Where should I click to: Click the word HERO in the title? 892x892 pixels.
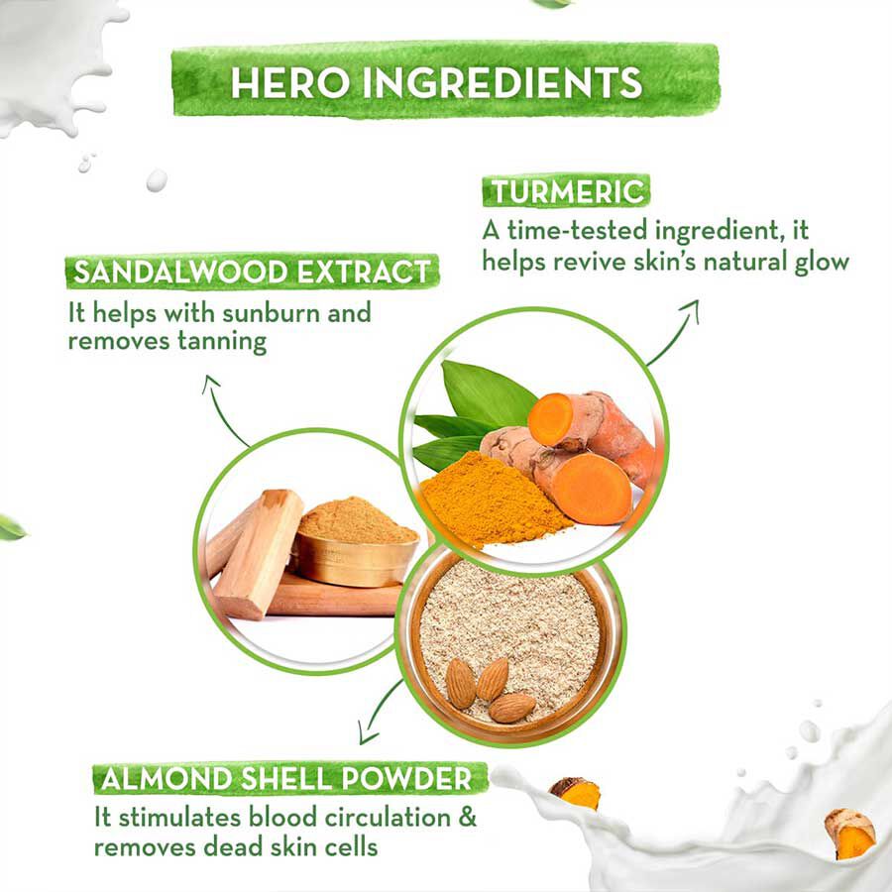[x=290, y=83]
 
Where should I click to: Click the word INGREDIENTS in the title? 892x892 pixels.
[x=502, y=83]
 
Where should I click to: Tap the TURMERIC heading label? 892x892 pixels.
[x=566, y=191]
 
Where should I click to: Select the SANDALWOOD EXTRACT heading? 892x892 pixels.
[x=252, y=272]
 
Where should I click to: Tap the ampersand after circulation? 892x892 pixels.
[x=467, y=818]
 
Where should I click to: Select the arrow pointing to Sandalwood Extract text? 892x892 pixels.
[x=223, y=410]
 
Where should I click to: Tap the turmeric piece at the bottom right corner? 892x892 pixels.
[x=850, y=833]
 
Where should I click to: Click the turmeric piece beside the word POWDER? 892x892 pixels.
[x=575, y=793]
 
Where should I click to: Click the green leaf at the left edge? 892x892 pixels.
[x=11, y=528]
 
